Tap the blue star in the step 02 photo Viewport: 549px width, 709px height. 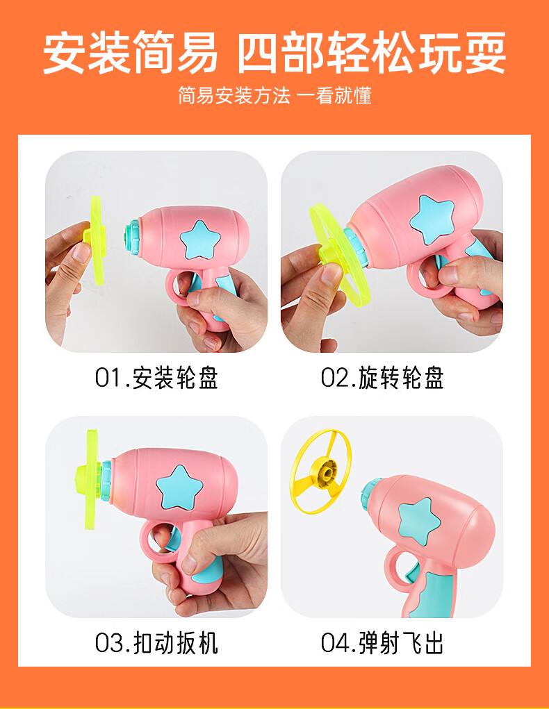click(432, 219)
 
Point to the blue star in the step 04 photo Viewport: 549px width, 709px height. click(419, 520)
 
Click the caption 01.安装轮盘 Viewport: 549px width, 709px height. click(156, 378)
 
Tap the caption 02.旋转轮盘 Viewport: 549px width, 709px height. click(382, 378)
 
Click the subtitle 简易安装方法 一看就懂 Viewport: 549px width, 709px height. click(274, 96)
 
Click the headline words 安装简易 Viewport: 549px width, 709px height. click(131, 53)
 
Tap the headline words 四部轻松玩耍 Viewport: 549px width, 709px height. click(372, 53)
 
